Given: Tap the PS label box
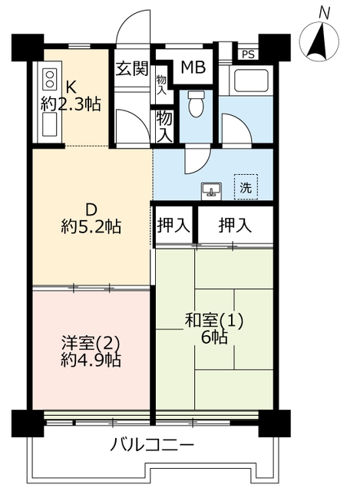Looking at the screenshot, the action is [x=248, y=54].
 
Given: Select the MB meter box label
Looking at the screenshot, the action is [x=193, y=68].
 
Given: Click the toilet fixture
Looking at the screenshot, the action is [x=196, y=104].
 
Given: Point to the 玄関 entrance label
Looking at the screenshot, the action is [x=131, y=69].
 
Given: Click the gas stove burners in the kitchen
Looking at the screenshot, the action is [x=49, y=79].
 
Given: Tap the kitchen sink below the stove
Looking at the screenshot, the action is [x=49, y=124].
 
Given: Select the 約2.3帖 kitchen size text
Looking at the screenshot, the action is [x=71, y=104].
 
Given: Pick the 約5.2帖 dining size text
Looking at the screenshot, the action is [x=91, y=227].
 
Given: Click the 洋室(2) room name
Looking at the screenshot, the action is [x=91, y=344].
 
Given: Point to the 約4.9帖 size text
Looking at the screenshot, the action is [x=91, y=361].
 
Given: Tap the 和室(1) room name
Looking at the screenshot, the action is [x=214, y=321].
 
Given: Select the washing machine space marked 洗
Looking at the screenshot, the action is [x=246, y=187].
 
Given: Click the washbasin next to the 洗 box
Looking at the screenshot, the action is [x=212, y=190].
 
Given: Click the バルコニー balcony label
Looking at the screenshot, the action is [x=152, y=445].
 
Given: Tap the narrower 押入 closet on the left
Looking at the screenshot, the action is [x=173, y=225].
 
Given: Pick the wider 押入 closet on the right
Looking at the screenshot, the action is [x=235, y=225].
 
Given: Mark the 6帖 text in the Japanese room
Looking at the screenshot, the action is [x=214, y=338].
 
